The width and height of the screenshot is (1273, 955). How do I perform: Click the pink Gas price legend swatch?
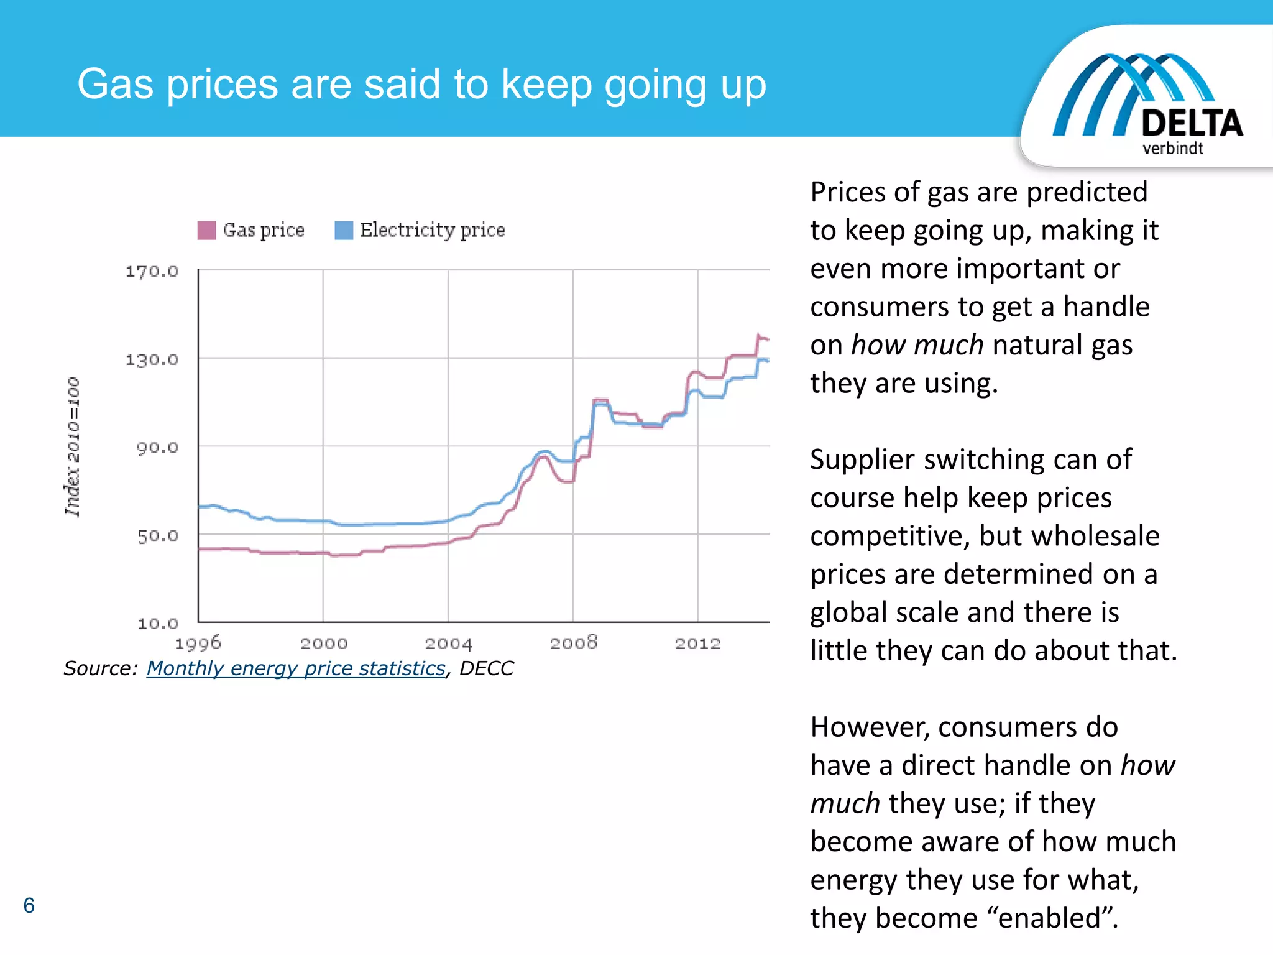click(206, 230)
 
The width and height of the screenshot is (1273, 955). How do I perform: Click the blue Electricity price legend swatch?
click(344, 230)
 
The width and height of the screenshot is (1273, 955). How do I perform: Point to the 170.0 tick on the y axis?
click(152, 271)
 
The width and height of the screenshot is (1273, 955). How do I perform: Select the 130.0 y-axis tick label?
click(152, 359)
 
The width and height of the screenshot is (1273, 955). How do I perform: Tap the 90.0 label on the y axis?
click(157, 448)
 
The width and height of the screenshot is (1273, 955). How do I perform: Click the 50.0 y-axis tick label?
click(157, 535)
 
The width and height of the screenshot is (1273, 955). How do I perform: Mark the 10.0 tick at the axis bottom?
click(157, 623)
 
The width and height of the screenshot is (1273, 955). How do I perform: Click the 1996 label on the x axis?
click(198, 643)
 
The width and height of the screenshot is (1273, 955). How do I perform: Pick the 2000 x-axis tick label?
click(323, 643)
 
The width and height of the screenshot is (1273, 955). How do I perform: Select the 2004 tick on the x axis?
click(448, 643)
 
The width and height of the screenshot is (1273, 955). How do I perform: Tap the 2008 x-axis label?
click(573, 643)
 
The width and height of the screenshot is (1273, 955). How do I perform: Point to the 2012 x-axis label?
click(697, 643)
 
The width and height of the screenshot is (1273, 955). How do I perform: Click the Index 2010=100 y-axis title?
click(73, 446)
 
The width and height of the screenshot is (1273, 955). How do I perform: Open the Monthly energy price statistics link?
click(296, 668)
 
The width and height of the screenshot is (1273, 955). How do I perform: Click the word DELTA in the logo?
click(1192, 123)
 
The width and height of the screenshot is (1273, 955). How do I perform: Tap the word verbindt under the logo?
click(1172, 149)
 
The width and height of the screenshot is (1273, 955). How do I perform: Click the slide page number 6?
click(29, 905)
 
